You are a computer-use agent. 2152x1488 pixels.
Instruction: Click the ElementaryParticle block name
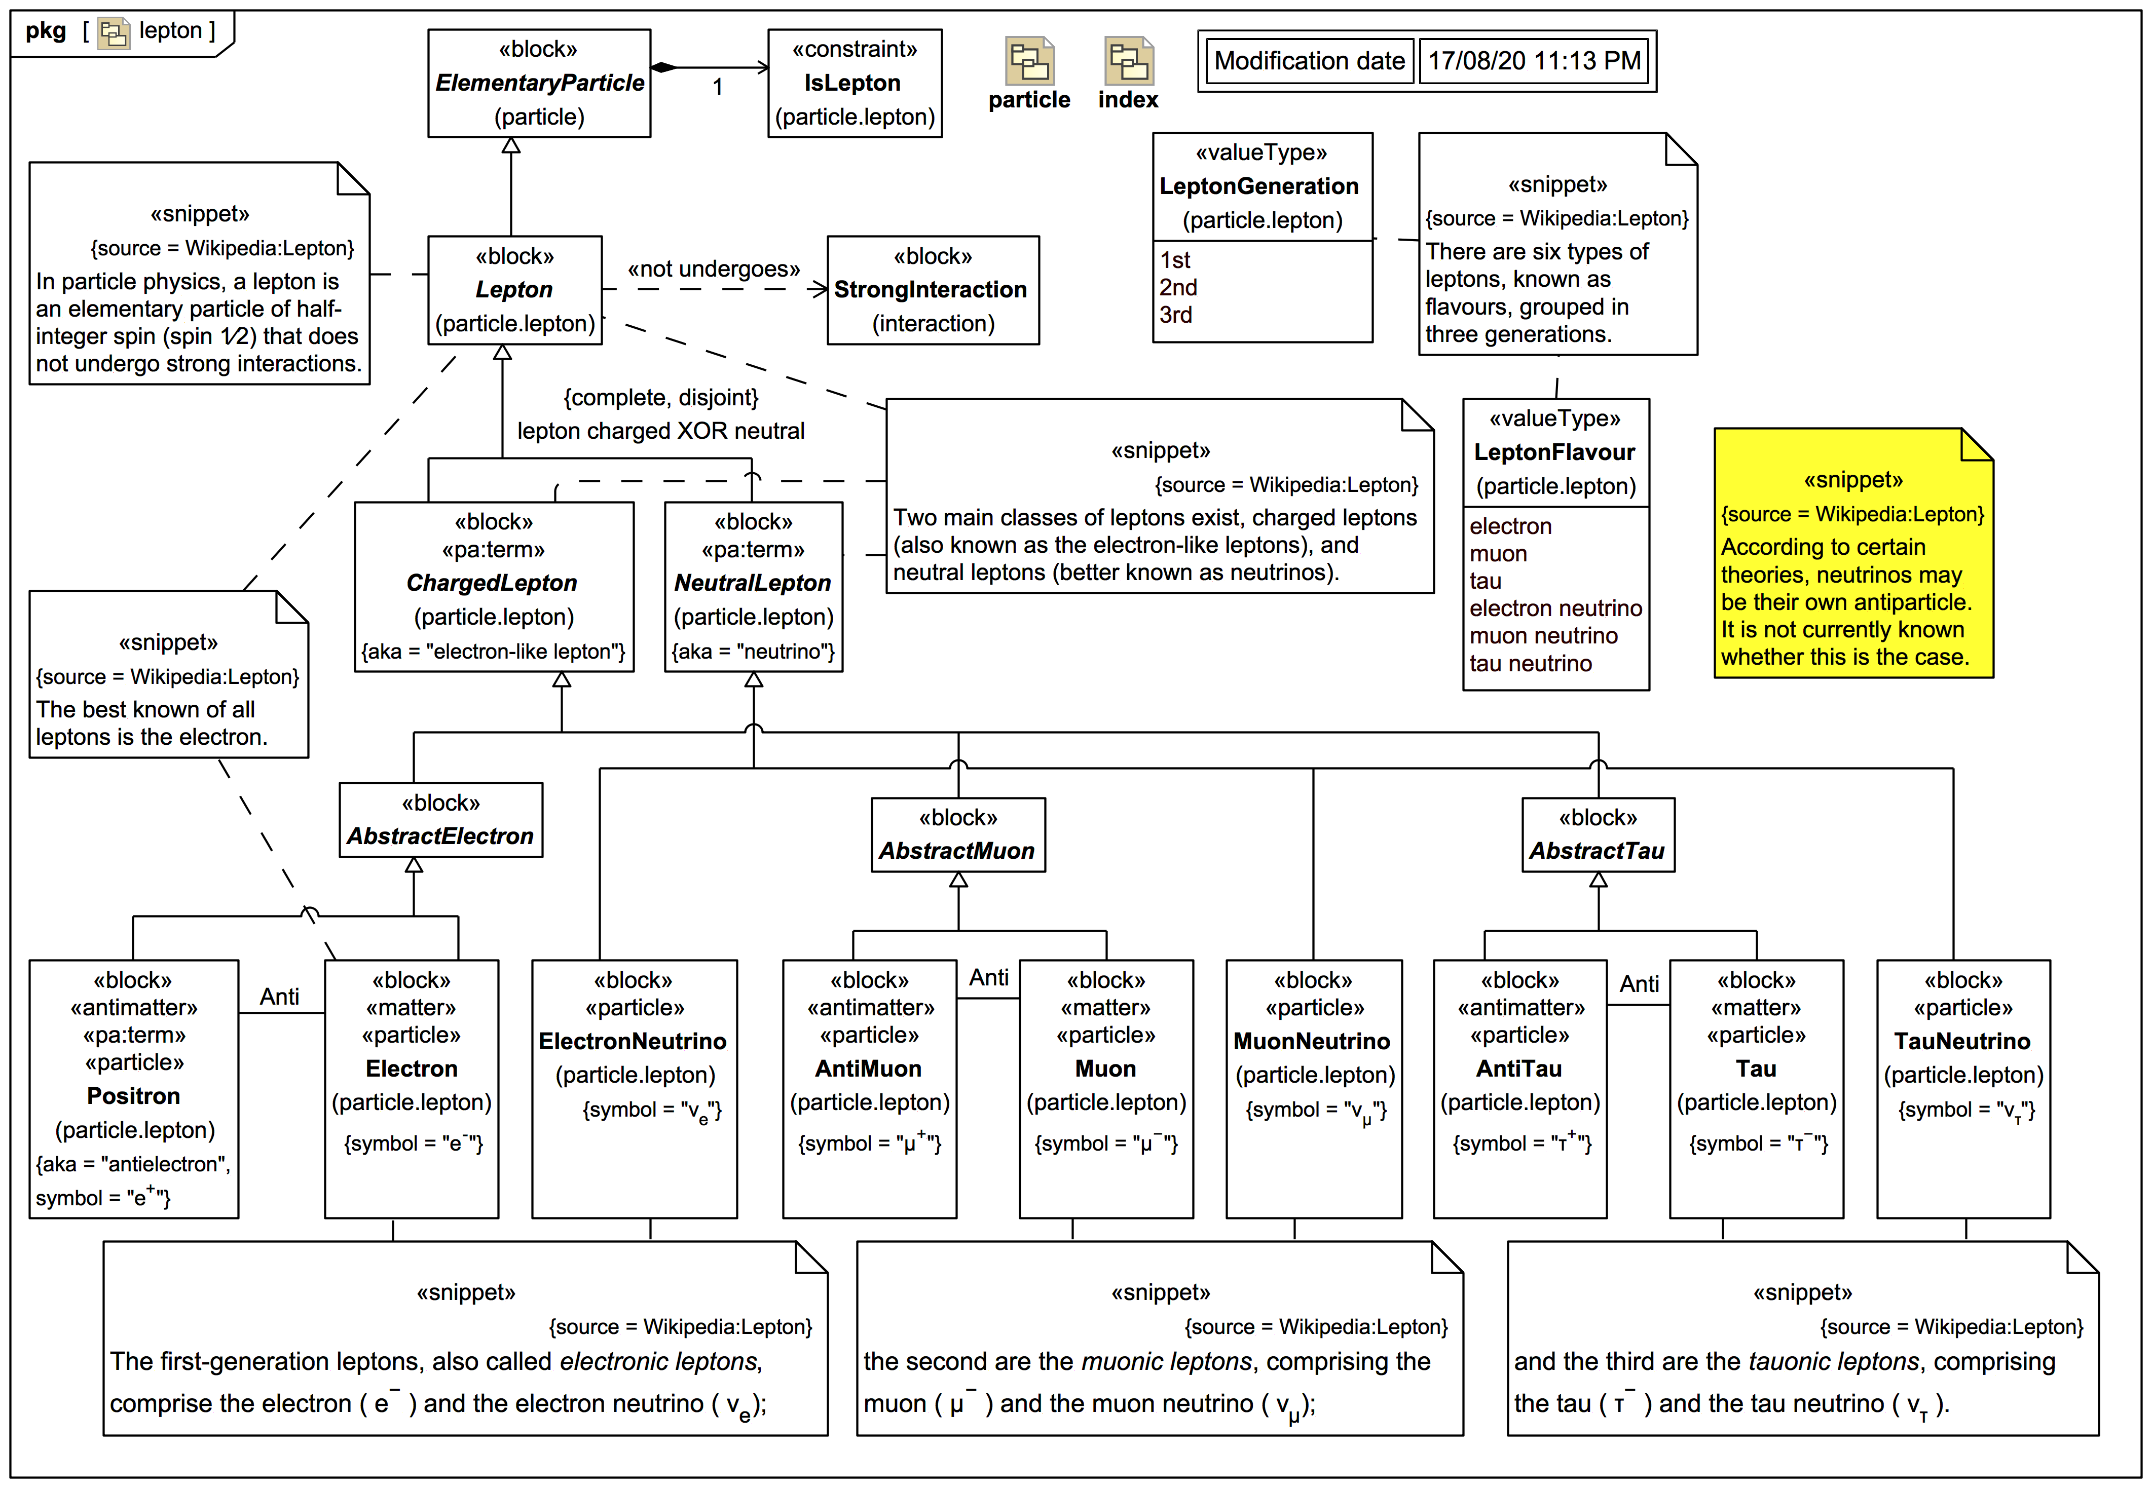(539, 83)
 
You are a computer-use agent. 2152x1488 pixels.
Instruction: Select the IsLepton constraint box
(854, 83)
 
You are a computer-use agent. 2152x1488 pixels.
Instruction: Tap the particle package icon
(1029, 62)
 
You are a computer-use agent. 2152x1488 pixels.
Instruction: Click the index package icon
(1128, 62)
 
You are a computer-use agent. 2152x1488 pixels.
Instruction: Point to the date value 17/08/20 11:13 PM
(1534, 61)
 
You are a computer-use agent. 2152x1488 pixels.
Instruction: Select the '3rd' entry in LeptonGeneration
(1176, 315)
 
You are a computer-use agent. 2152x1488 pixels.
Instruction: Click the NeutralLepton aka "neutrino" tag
(753, 652)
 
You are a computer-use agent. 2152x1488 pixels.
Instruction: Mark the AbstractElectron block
(440, 820)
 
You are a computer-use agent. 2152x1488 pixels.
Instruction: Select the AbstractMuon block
(957, 835)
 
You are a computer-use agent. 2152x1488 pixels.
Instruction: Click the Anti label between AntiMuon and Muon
(988, 978)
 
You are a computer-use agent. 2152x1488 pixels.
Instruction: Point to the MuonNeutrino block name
(1312, 1042)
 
